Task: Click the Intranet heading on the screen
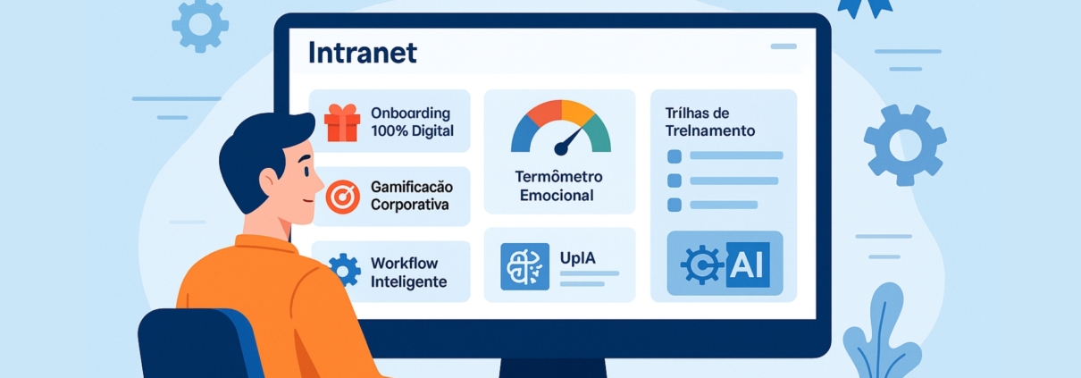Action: point(362,53)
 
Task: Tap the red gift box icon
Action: point(342,123)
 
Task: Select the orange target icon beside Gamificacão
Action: point(342,196)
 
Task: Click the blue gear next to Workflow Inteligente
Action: point(344,268)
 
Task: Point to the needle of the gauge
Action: point(568,141)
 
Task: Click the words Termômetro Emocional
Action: point(560,186)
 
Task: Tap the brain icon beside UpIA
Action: point(524,266)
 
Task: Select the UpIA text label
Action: point(578,258)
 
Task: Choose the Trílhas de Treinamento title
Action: point(710,122)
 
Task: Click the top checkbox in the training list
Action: point(675,156)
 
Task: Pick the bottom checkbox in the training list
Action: point(675,205)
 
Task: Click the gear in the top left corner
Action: point(200,24)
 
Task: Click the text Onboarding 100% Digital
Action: point(412,122)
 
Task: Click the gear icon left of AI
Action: point(701,265)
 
